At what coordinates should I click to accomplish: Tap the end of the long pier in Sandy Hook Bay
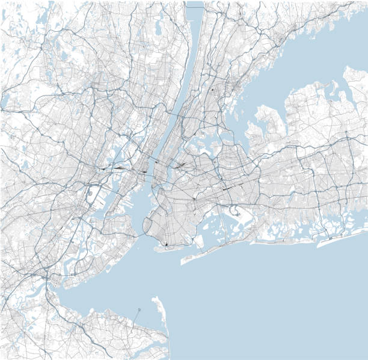pyautogui.click(x=138, y=310)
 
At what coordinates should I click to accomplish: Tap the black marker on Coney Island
pyautogui.click(x=166, y=244)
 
